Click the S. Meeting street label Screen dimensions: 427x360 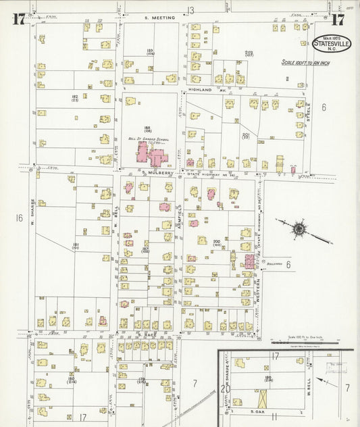pos(159,18)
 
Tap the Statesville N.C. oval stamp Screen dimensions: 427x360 pos(331,43)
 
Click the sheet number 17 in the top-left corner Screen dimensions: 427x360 pos(18,19)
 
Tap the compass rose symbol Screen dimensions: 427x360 pos(298,228)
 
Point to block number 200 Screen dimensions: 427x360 pos(217,241)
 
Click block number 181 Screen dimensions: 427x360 pos(76,245)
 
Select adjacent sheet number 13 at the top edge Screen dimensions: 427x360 pos(191,9)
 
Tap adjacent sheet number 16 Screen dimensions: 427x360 pos(19,218)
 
